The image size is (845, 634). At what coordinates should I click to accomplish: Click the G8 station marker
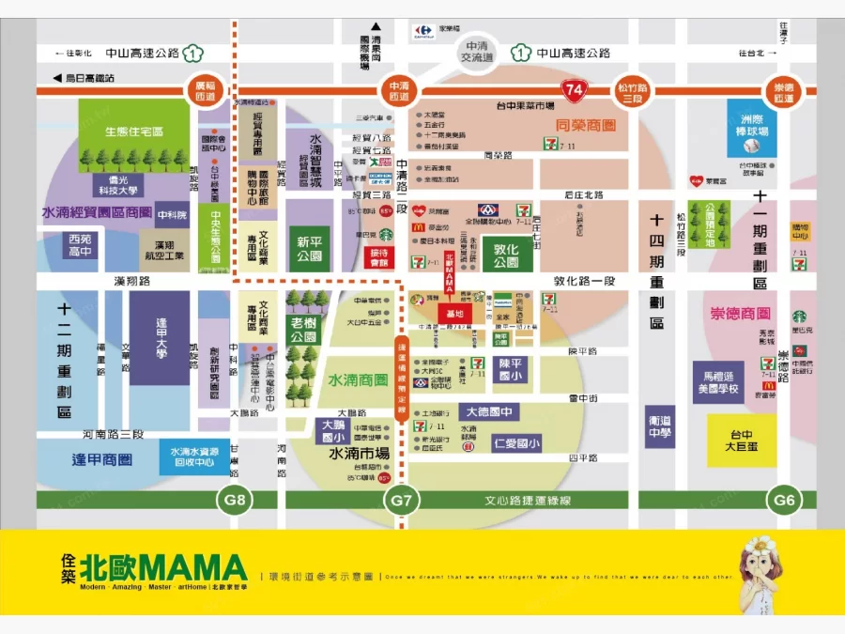tap(235, 500)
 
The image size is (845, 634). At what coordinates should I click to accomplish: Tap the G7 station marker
tap(401, 500)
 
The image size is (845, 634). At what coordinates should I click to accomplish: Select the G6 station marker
tap(784, 500)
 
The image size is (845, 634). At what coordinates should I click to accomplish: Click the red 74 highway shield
tap(574, 90)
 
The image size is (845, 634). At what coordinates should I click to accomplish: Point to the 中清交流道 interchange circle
tap(475, 53)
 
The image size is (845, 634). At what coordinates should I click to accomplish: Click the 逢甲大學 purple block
tap(160, 337)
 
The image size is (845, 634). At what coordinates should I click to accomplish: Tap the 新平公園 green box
tap(309, 249)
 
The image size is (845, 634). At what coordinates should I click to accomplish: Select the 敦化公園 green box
tap(507, 256)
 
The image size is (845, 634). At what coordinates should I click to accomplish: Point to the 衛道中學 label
tap(660, 427)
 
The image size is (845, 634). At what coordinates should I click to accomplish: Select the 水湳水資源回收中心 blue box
tap(194, 457)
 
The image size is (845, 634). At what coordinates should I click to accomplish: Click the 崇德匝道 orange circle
tap(784, 90)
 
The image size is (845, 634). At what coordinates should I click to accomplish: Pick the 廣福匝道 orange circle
tap(206, 90)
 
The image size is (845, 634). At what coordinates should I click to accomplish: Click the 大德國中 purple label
tap(489, 412)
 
